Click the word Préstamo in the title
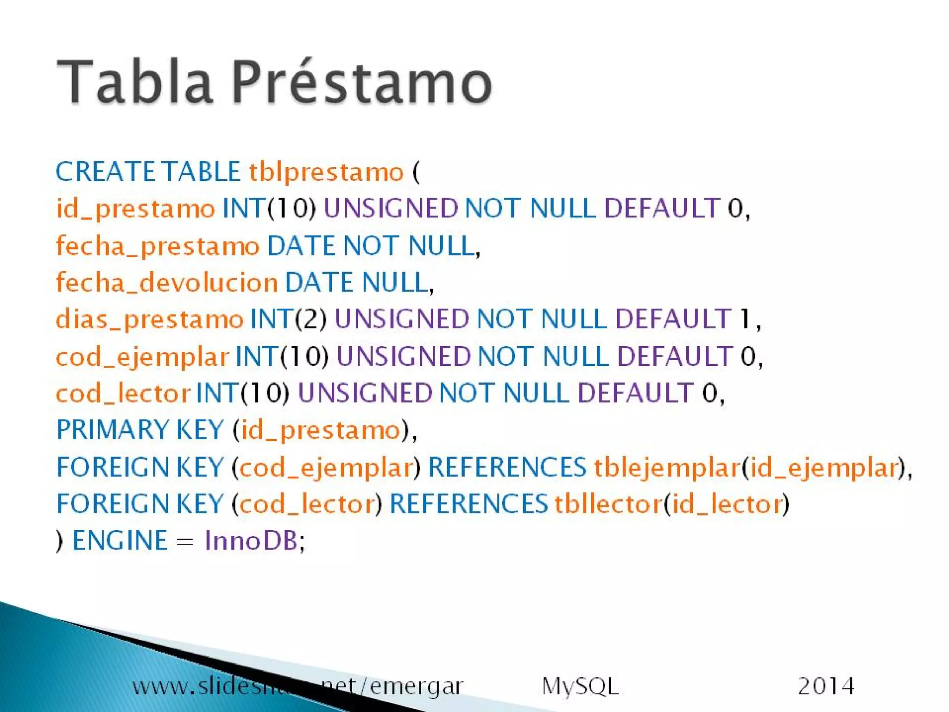[361, 83]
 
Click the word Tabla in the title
[134, 83]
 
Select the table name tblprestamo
[326, 172]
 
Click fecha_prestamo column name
[158, 246]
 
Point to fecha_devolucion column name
[167, 283]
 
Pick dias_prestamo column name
[149, 319]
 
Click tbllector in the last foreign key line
[608, 504]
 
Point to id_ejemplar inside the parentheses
[824, 467]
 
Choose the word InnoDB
[251, 540]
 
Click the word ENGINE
[120, 540]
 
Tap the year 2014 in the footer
[826, 686]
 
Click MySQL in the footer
[580, 687]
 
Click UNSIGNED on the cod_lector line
[365, 393]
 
